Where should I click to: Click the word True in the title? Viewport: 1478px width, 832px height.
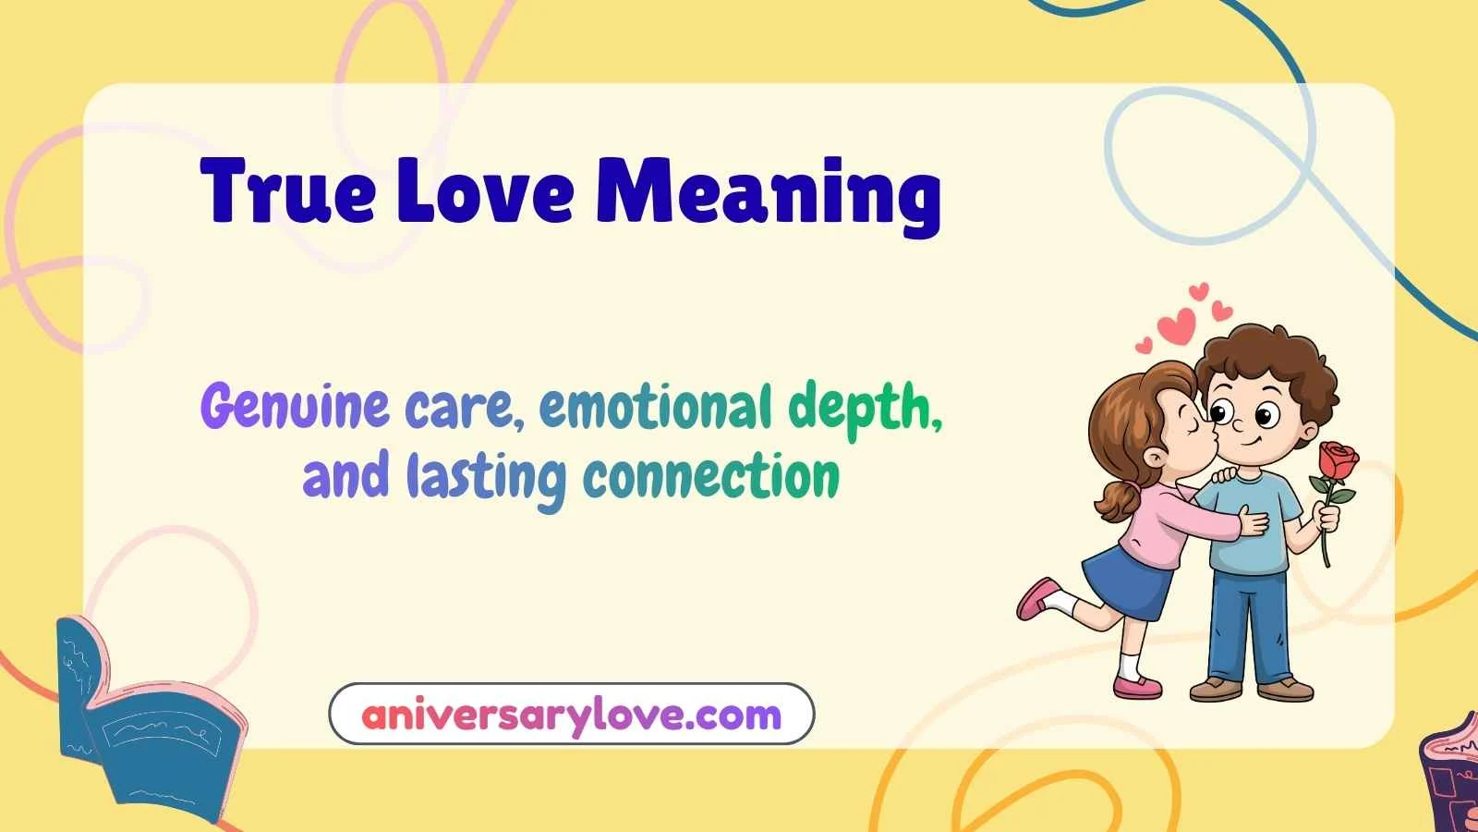[288, 191]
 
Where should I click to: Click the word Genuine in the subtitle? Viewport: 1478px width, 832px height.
[295, 408]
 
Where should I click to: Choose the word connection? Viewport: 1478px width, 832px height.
[711, 477]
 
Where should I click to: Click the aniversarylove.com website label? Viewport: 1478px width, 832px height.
[571, 715]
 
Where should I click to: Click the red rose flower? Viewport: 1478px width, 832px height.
[1339, 460]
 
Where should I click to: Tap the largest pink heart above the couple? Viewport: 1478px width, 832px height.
[1178, 325]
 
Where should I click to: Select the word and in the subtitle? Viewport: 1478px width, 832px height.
[345, 477]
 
